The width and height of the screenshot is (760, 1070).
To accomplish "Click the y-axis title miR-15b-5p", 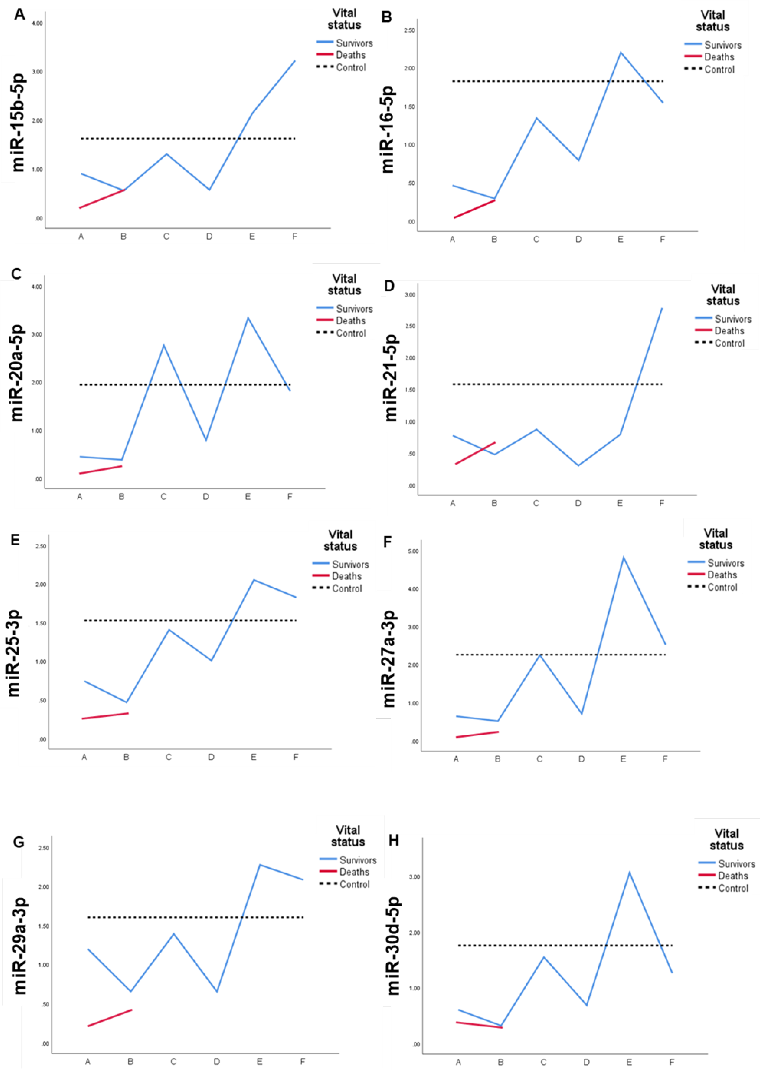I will coord(18,122).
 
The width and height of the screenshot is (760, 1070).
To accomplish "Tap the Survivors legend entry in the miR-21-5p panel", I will coord(732,319).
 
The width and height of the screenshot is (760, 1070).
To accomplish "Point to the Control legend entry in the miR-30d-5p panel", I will coord(733,888).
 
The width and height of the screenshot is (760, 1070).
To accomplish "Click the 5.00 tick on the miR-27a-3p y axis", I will coord(413,551).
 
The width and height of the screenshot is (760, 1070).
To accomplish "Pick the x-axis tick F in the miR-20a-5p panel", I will coord(290,497).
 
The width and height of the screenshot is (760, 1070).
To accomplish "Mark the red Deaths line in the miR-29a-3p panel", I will coord(110,1018).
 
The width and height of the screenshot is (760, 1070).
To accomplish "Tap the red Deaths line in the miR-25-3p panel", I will coord(105,716).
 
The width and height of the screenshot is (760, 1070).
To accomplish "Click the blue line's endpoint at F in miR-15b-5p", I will coord(295,61).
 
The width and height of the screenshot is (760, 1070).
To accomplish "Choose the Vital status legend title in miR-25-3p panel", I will coord(340,540).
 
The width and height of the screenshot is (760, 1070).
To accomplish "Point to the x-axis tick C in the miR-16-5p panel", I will coord(536,240).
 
